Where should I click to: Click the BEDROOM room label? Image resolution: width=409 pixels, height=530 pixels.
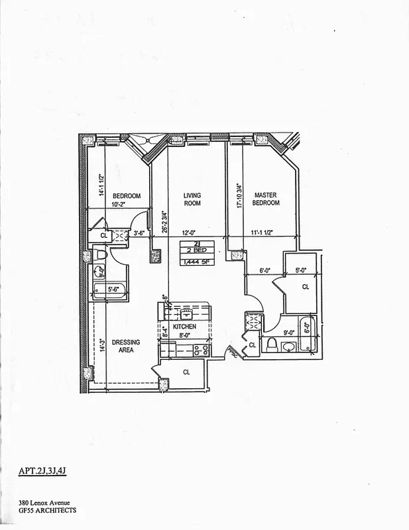click(x=126, y=196)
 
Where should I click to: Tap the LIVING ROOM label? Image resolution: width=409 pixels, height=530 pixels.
click(x=192, y=199)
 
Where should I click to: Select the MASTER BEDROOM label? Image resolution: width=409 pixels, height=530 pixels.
click(x=265, y=199)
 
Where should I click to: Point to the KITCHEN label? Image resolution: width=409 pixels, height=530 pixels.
click(x=184, y=327)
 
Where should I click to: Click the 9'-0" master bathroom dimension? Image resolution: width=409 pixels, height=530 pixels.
click(x=288, y=334)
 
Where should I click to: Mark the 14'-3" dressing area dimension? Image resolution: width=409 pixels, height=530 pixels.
click(x=101, y=346)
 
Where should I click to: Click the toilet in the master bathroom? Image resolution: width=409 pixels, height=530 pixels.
click(x=272, y=344)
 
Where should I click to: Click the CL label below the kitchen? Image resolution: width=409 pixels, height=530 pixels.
click(x=186, y=372)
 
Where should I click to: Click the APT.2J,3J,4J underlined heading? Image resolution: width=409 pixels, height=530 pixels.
click(x=43, y=472)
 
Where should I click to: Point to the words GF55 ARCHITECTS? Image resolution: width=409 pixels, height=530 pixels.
click(x=48, y=511)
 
